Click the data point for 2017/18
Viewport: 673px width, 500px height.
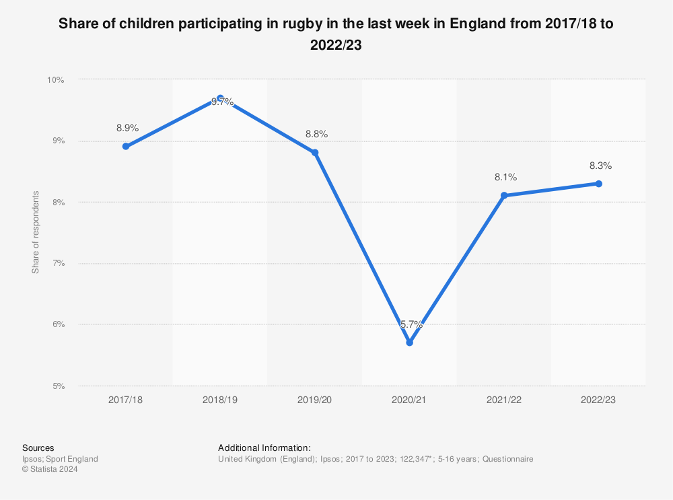click(x=126, y=146)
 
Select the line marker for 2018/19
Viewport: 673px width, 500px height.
click(x=220, y=98)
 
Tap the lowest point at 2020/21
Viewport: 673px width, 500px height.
click(x=409, y=343)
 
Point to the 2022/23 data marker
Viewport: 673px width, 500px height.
click(x=598, y=183)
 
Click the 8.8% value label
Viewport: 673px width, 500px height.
click(x=316, y=134)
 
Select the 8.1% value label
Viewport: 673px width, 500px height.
click(x=505, y=177)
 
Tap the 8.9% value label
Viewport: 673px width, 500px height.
click(x=127, y=127)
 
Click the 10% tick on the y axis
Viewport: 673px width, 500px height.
click(x=55, y=79)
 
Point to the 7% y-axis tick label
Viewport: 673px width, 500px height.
click(x=57, y=263)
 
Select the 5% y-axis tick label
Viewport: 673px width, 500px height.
click(x=57, y=386)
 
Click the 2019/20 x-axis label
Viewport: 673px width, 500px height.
click(x=315, y=399)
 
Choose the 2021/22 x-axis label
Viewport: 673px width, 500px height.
click(x=504, y=399)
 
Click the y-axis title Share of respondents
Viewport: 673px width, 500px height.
click(x=36, y=232)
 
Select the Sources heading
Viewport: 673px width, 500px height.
click(x=38, y=448)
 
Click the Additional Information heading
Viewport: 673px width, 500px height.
click(x=264, y=448)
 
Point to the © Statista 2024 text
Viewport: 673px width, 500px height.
click(x=50, y=470)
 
